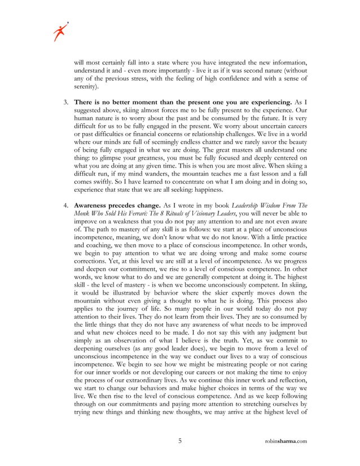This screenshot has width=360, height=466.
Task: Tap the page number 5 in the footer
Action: pyautogui.click(x=180, y=441)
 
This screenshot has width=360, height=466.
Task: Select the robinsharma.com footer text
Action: pyautogui.click(x=286, y=441)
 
